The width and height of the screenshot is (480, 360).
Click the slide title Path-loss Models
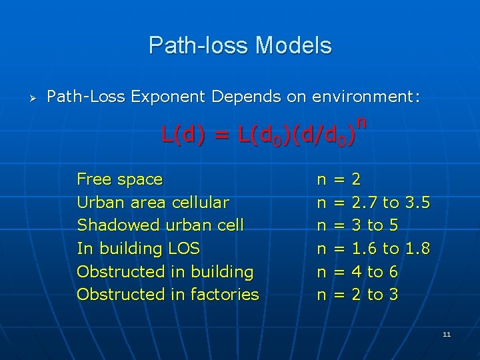(x=240, y=45)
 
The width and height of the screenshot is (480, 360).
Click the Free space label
(x=120, y=179)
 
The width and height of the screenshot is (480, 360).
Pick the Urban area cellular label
(x=153, y=203)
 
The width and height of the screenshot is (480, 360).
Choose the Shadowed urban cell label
(x=160, y=225)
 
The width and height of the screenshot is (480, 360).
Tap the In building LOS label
(x=138, y=249)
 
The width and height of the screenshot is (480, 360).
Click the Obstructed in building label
(x=165, y=272)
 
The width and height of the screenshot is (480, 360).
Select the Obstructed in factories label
(x=167, y=295)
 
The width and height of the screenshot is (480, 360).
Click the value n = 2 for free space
(x=339, y=179)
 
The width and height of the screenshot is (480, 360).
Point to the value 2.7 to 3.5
(x=390, y=203)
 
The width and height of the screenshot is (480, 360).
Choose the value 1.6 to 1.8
(x=390, y=249)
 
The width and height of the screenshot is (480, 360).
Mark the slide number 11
(x=446, y=333)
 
